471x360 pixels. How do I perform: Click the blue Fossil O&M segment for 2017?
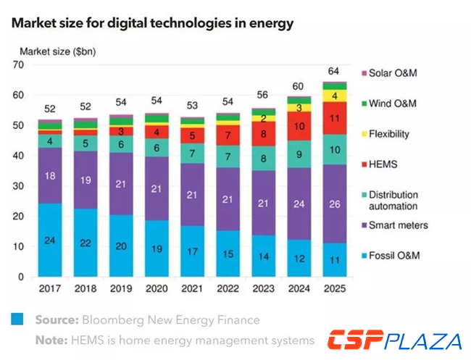[x=50, y=240]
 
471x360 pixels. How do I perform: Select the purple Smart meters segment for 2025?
[x=334, y=204]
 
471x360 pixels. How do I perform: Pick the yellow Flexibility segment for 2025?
[x=334, y=96]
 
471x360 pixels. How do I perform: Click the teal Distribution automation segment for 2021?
[x=193, y=154]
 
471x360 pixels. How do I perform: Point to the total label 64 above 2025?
[x=334, y=70]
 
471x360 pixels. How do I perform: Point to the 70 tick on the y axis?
[x=20, y=64]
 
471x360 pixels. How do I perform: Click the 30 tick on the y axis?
[x=20, y=186]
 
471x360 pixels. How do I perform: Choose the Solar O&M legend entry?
[x=392, y=73]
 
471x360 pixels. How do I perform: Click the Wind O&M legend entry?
[x=392, y=104]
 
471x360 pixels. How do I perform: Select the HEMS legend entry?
[x=383, y=164]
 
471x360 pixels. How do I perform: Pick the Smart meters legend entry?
[x=398, y=225]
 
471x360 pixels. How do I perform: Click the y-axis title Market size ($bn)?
[x=57, y=51]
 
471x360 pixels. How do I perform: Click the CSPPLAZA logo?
[x=394, y=340]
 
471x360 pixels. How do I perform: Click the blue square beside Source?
[x=17, y=319]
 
